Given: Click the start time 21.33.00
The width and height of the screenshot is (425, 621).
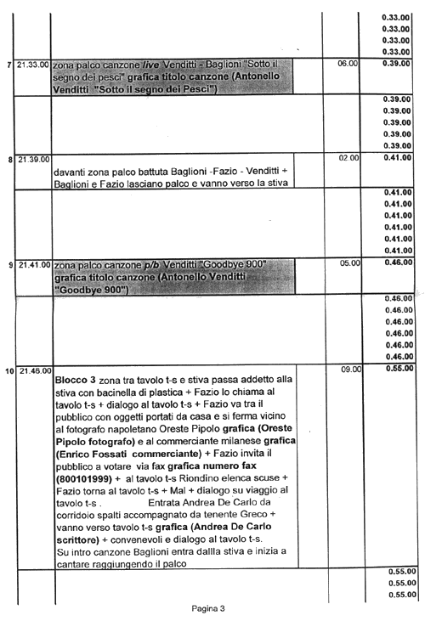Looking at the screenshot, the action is [x=33, y=65].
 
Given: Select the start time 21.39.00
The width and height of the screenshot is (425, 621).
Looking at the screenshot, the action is [x=34, y=160].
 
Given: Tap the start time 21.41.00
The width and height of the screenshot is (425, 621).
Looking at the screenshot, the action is [x=35, y=264].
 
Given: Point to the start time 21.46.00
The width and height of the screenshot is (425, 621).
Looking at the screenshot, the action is [x=36, y=370].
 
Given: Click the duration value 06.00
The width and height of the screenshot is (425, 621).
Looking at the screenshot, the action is [x=348, y=64].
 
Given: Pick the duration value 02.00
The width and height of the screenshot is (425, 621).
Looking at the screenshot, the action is [x=348, y=158].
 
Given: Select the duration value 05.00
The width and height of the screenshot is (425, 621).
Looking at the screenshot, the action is [x=350, y=263].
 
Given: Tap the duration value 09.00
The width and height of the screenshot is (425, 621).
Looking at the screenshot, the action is [x=351, y=369].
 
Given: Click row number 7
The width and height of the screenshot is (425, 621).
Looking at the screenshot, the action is [x=10, y=65].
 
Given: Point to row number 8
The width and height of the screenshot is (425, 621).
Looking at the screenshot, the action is [x=11, y=161].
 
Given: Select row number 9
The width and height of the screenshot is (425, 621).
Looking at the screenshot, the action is [x=11, y=265].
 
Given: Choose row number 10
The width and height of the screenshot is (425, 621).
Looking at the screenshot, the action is [x=10, y=371].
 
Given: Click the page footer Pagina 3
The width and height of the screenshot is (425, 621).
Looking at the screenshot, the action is [x=208, y=608].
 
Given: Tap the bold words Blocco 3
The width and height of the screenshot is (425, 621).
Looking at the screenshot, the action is [x=76, y=380].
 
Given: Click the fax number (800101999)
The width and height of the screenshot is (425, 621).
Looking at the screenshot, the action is [x=84, y=478].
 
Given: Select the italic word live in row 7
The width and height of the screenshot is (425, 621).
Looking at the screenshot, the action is [x=150, y=65].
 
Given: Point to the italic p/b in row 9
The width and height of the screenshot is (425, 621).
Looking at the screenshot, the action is [x=151, y=264].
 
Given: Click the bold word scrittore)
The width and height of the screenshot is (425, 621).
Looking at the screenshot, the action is [x=77, y=539].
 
